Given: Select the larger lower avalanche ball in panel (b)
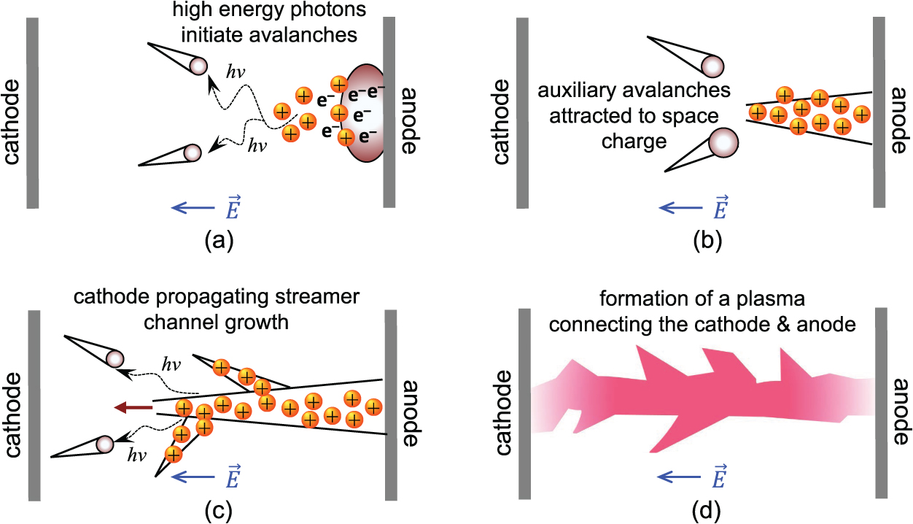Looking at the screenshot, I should (x=723, y=139).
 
